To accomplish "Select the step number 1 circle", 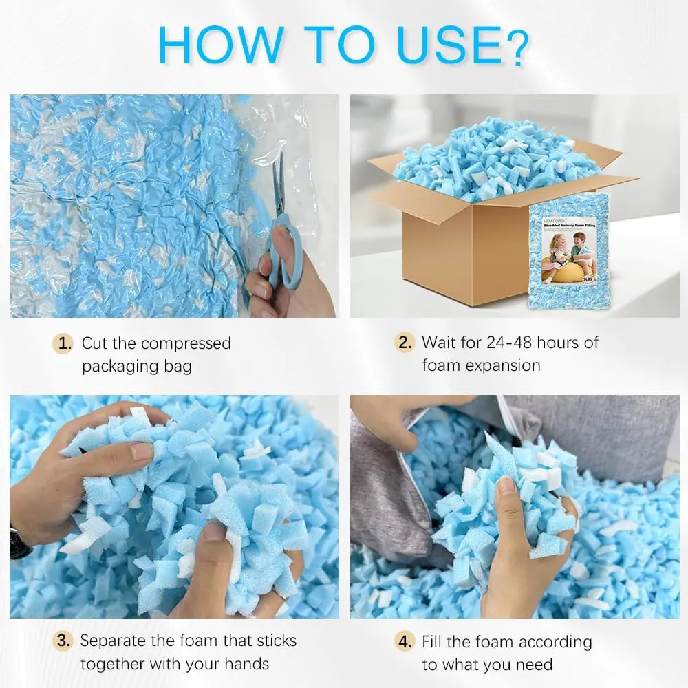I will point(64,343).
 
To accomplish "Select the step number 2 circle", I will point(404,343).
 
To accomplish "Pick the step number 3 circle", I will point(64,641).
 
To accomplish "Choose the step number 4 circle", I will point(404,642).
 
